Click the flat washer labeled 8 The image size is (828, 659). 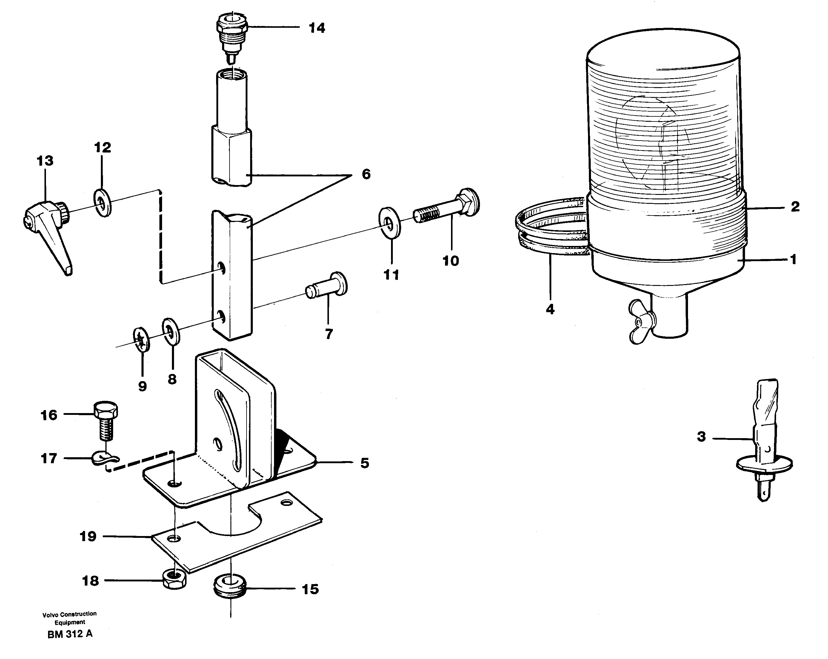tap(171, 331)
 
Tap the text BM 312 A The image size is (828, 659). tap(70, 634)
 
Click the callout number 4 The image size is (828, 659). tap(550, 309)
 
